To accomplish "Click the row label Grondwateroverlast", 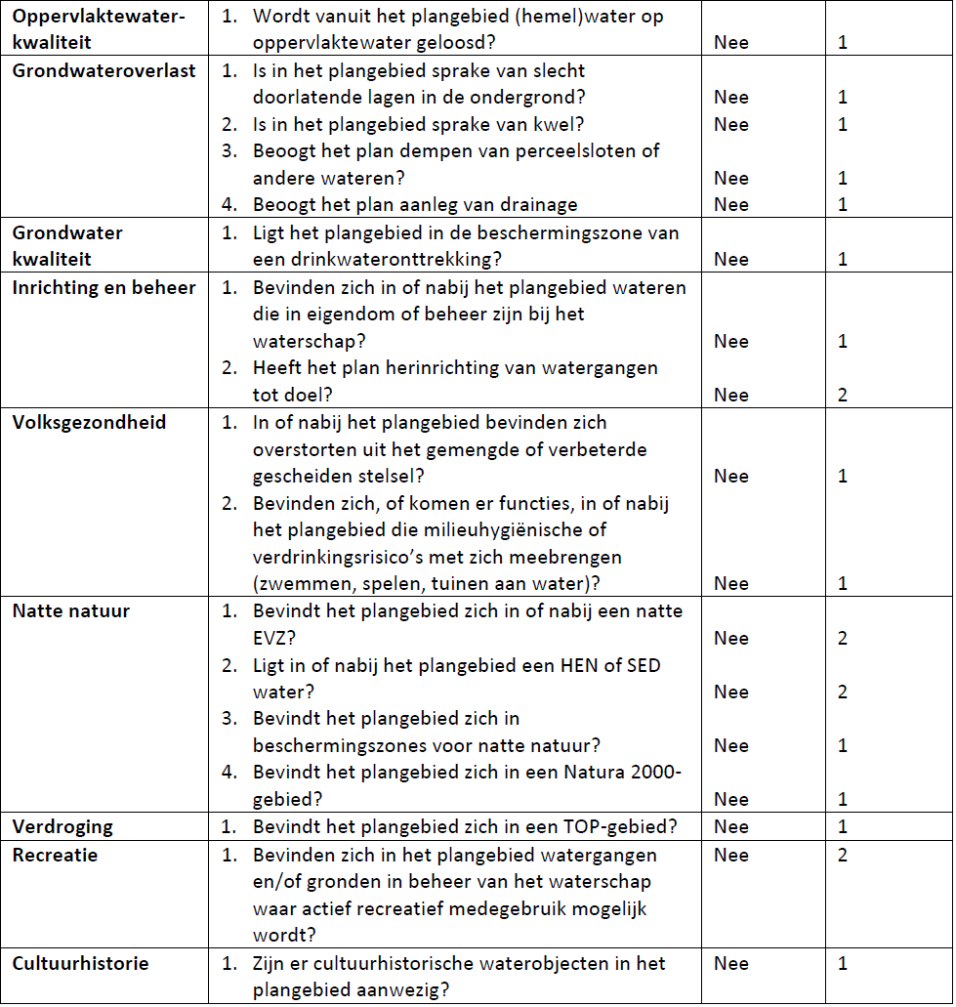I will [104, 71].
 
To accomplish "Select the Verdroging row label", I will [62, 827].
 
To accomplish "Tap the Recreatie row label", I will [56, 856].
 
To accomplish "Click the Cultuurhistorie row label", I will [80, 964].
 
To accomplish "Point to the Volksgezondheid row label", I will [89, 423].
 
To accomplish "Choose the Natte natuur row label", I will [70, 612].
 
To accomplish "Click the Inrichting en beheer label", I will [104, 288].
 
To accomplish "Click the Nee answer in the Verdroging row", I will [731, 827].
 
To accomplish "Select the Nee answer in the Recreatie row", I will [731, 856].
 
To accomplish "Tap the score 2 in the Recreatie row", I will [843, 856].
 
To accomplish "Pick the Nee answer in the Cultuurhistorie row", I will [731, 964].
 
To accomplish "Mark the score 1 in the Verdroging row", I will [843, 827].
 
